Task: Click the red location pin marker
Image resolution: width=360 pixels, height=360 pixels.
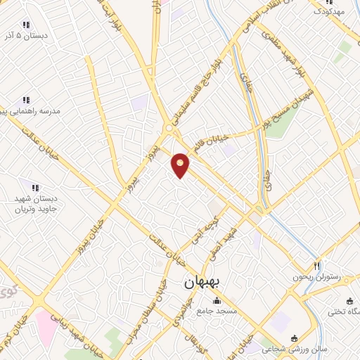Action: pyautogui.click(x=181, y=165)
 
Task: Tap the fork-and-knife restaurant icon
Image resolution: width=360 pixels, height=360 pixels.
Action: pyautogui.click(x=317, y=266)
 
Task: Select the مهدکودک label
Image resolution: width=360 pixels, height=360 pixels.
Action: pyautogui.click(x=328, y=11)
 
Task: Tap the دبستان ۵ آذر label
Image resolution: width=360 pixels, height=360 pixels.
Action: pyautogui.click(x=26, y=34)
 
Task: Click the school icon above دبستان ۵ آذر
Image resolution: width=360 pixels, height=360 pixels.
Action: pyautogui.click(x=26, y=25)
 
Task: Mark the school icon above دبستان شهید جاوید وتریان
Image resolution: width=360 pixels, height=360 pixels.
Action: pyautogui.click(x=35, y=187)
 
